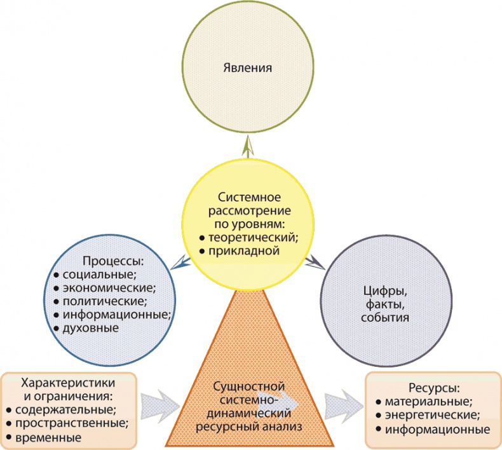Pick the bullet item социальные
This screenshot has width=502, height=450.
(100, 275)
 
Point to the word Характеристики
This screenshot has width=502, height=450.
(68, 383)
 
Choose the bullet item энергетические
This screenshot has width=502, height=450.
(437, 415)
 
